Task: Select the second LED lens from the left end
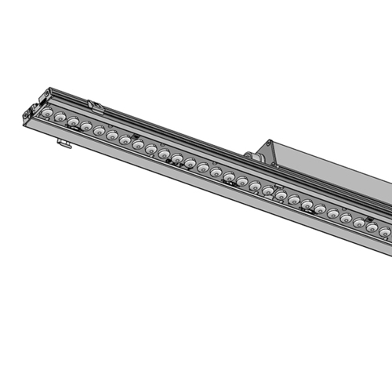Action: (x=60, y=117)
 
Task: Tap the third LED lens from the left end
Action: (x=73, y=122)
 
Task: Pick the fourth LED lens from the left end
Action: (x=86, y=127)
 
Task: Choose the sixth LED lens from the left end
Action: (x=112, y=136)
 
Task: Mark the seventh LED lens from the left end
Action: (x=125, y=141)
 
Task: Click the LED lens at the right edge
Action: (x=385, y=233)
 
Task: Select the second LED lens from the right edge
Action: (x=372, y=228)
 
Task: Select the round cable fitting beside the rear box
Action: (x=253, y=154)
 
